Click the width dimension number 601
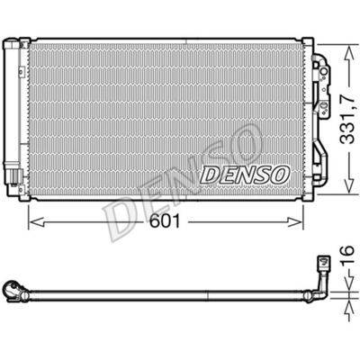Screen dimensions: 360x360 click(165, 221)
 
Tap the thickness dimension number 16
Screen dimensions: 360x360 click(347, 255)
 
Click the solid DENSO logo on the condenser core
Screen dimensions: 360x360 click(245, 175)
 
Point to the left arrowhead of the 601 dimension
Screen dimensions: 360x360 click(36, 222)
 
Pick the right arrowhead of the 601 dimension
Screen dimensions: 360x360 click(295, 222)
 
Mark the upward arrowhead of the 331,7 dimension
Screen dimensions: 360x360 click(348, 53)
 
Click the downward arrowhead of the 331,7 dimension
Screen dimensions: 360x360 click(348, 185)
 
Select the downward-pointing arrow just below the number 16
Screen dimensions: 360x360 click(349, 280)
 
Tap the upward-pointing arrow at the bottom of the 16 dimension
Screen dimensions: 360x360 click(349, 311)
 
